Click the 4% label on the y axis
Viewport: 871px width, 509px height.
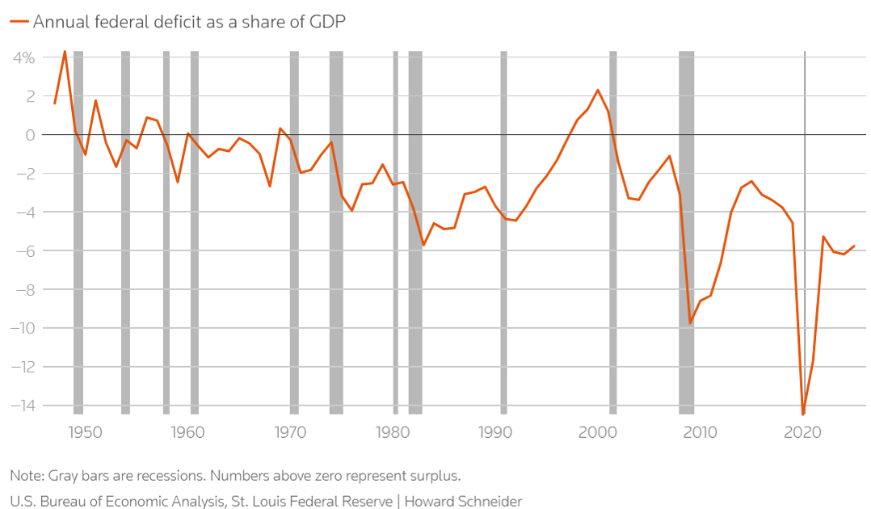(23, 58)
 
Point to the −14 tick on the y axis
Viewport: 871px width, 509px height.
(23, 406)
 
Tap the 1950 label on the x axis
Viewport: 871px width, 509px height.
(85, 432)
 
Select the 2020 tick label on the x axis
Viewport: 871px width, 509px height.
(802, 432)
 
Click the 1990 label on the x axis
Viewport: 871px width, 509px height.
(495, 432)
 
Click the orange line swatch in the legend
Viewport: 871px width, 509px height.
(19, 22)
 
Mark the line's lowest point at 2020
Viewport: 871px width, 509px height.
(802, 414)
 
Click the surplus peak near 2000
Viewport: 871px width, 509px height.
(598, 90)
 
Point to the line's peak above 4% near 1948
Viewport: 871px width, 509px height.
(65, 51)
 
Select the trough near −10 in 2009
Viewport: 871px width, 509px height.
(690, 323)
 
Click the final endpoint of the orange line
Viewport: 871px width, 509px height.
(854, 246)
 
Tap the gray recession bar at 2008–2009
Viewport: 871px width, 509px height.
(687, 232)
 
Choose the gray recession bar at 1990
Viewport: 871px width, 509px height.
(504, 232)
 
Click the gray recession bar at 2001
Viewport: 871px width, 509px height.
(613, 232)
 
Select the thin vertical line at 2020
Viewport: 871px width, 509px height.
(805, 232)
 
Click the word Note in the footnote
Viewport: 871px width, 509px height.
(26, 476)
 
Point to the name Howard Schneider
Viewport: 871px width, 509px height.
(463, 501)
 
